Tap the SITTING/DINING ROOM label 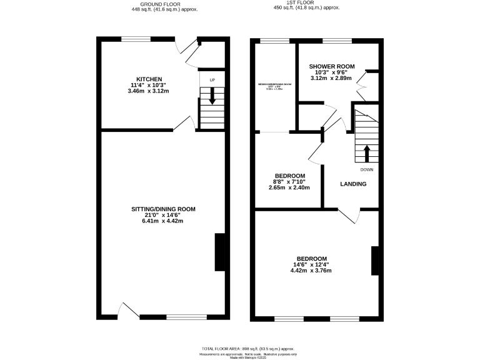[163, 209]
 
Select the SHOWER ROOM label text [332, 66]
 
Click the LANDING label [353, 184]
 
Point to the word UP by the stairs [212, 81]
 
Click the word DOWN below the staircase [366, 169]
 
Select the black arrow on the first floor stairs [366, 153]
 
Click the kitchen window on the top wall [135, 39]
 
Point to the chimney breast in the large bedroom [375, 261]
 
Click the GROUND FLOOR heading [163, 2]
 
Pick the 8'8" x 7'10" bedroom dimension [289, 182]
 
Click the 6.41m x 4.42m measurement [163, 221]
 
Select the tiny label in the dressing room [274, 87]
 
